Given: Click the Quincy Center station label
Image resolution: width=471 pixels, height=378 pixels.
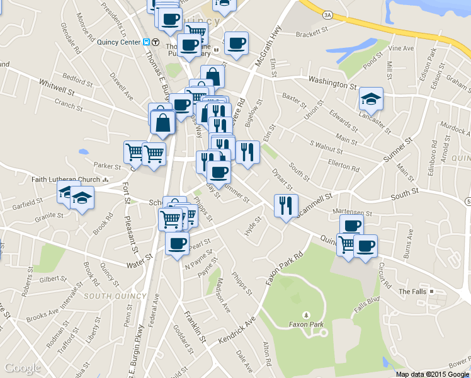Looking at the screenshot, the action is pos(118,43).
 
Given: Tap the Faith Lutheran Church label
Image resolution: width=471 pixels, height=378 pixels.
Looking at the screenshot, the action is pos(65,180).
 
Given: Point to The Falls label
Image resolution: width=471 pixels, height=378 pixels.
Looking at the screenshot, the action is pos(414,292).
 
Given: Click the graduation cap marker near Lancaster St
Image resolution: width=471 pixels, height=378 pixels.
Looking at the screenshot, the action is pos(371,99).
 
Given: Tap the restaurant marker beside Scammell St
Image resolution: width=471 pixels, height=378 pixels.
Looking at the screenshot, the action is pos(286,205).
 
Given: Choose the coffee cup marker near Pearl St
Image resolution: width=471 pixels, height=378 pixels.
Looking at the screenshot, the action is pos(177,243).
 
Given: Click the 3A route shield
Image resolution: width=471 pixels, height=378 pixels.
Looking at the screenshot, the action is pos(326,14).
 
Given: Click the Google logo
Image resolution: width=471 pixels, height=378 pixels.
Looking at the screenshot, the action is pos(23,368).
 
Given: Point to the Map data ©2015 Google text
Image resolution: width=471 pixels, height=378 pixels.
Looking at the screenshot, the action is pos(432,374).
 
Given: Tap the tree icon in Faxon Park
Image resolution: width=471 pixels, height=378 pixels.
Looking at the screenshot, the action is pos(306,314).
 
